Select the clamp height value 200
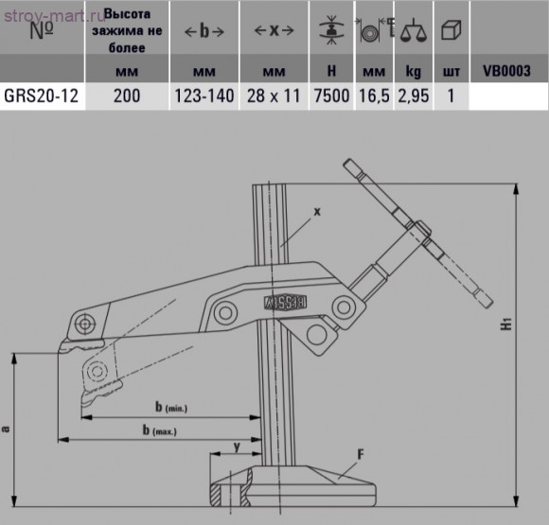point(127,96)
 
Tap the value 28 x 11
point(275,96)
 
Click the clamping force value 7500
point(332,96)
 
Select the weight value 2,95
point(413,96)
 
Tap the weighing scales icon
point(413,29)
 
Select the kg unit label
point(413,70)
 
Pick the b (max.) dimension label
point(161,430)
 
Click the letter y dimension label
point(235,444)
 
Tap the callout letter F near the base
point(361,453)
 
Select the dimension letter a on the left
point(7,429)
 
